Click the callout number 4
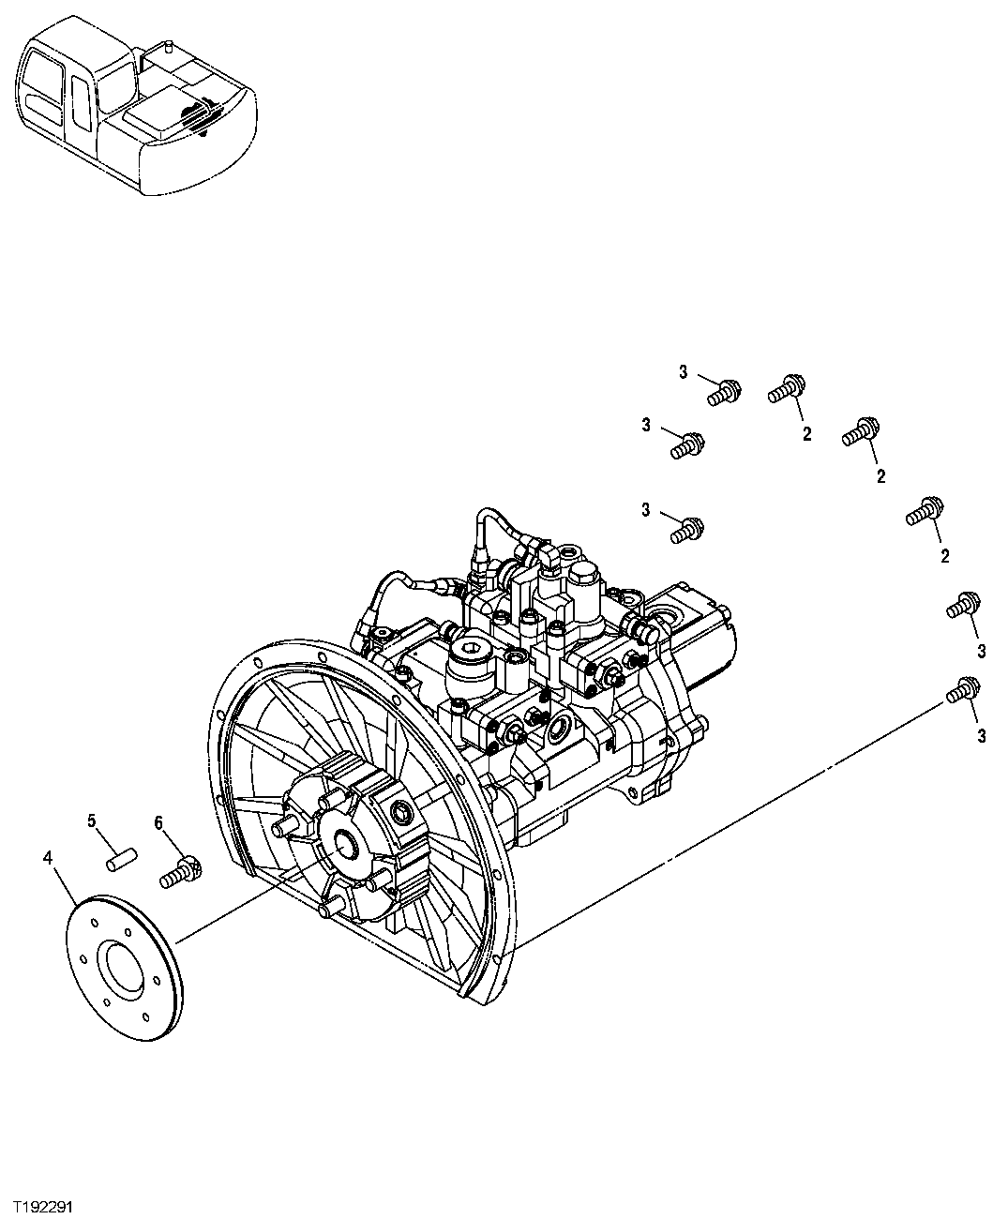48,856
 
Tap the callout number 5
92,821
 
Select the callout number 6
158,822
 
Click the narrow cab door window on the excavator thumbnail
80,95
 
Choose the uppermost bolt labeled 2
788,388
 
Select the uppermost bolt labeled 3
722,391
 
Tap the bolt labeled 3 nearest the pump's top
686,530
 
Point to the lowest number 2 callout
944,557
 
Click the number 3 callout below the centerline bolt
981,736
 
